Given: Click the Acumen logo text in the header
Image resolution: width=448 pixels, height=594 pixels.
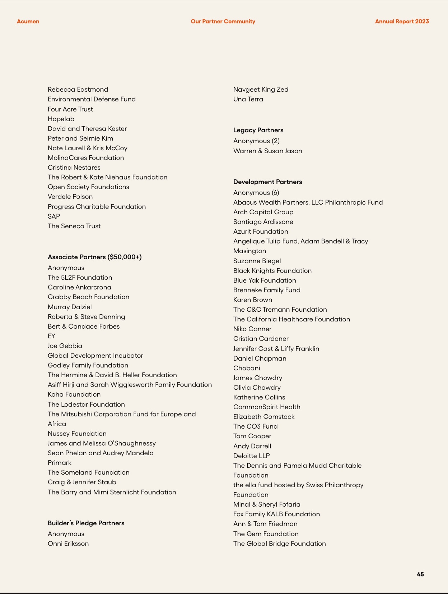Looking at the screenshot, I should pyautogui.click(x=28, y=22).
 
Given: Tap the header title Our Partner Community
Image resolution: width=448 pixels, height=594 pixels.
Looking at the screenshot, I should pyautogui.click(x=223, y=22).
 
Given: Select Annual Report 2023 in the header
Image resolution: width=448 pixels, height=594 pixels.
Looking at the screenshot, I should pyautogui.click(x=402, y=22).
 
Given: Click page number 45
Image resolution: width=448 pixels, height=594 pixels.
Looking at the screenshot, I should pyautogui.click(x=420, y=574).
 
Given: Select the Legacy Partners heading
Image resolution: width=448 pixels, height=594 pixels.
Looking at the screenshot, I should pyautogui.click(x=258, y=130).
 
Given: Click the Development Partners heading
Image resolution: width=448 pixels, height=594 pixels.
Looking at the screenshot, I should pyautogui.click(x=267, y=182).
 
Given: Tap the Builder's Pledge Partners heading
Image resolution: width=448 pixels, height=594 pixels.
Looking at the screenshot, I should pyautogui.click(x=86, y=523).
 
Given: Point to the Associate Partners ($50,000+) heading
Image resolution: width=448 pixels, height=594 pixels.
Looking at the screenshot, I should pyautogui.click(x=94, y=257).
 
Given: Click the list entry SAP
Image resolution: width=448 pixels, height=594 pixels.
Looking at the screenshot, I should pyautogui.click(x=54, y=216).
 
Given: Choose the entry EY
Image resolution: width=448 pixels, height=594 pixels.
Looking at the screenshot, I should pyautogui.click(x=51, y=336).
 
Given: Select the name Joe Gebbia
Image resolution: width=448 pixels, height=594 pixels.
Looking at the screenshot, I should pyautogui.click(x=65, y=346).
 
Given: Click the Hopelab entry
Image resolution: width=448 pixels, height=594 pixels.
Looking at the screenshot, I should pyautogui.click(x=61, y=119).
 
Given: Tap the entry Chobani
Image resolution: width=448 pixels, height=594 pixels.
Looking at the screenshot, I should pyautogui.click(x=247, y=368).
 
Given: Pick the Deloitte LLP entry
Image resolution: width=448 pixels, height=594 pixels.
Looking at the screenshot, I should pyautogui.click(x=251, y=456).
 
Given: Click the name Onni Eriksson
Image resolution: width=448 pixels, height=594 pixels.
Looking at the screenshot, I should pyautogui.click(x=68, y=544).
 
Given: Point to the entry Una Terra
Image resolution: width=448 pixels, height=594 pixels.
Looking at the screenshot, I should pyautogui.click(x=248, y=99).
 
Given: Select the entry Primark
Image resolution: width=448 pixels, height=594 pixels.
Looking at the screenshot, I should pyautogui.click(x=60, y=463).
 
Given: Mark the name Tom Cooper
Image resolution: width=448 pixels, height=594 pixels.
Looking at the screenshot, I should pyautogui.click(x=252, y=436).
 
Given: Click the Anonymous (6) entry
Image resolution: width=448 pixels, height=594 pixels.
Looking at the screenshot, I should pyautogui.click(x=256, y=193).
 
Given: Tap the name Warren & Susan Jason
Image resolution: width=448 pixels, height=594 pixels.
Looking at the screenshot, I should pyautogui.click(x=267, y=151).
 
